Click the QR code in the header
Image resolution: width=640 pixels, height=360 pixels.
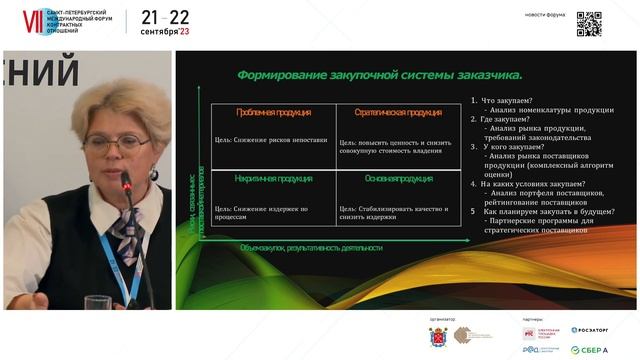tap(589, 22)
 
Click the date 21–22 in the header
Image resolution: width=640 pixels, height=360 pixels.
tap(164, 17)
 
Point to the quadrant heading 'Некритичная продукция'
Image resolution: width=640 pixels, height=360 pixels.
tap(268, 179)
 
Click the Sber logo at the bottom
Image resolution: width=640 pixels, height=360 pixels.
tap(590, 349)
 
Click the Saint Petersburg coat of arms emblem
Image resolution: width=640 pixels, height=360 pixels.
tap(437, 338)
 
